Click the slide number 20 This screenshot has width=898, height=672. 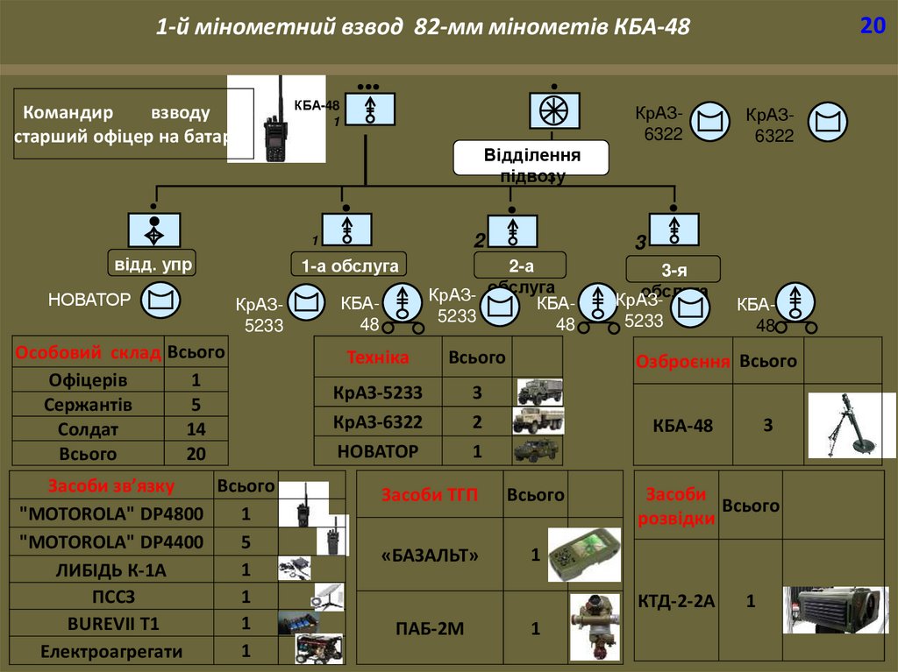(x=872, y=26)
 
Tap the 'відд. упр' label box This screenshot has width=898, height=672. (x=153, y=264)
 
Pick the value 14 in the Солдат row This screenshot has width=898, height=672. (x=196, y=429)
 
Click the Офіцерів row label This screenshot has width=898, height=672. (x=88, y=380)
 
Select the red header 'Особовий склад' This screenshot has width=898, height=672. (x=88, y=353)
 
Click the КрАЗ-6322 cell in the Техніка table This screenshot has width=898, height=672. (x=378, y=422)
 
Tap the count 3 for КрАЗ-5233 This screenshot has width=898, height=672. (x=477, y=393)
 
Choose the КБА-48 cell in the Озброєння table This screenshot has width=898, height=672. (x=683, y=427)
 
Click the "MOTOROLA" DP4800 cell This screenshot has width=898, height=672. (x=110, y=513)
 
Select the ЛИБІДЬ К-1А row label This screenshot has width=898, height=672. (x=110, y=570)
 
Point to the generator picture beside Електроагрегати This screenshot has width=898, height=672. (x=318, y=650)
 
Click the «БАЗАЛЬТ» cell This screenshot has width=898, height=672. (x=431, y=555)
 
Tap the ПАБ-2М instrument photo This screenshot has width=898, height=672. (x=594, y=627)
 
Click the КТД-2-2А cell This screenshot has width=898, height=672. (x=675, y=602)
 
